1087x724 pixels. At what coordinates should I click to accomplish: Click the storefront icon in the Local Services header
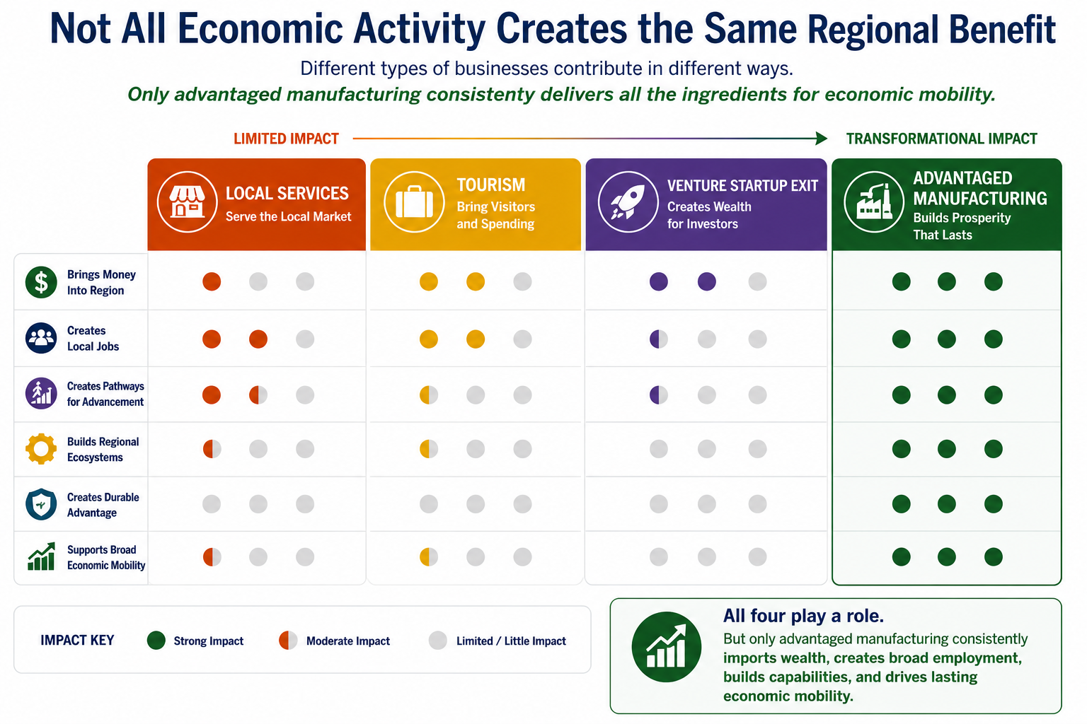pos(187,202)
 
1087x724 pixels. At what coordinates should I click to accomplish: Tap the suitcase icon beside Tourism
pos(414,202)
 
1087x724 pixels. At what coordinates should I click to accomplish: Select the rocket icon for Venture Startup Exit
pos(628,202)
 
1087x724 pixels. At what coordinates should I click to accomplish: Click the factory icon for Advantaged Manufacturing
pos(874,202)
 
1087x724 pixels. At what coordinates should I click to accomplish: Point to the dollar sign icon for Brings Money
pos(41,282)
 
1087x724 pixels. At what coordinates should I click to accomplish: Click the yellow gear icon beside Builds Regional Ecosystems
pos(41,448)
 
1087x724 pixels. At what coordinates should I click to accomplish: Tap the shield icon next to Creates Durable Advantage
pos(41,504)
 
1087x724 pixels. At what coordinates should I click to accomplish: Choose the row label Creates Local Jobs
pos(93,339)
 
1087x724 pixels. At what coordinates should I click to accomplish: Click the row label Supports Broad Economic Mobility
pos(105,557)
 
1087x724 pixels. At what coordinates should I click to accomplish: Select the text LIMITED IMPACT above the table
pos(286,139)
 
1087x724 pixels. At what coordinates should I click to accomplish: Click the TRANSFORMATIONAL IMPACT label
pos(941,139)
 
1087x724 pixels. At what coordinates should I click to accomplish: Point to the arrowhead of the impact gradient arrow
pos(822,138)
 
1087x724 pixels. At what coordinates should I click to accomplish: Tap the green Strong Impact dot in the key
pos(156,641)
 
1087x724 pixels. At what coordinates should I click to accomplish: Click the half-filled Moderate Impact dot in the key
pos(288,641)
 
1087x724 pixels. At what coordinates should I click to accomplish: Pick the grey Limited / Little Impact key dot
pos(438,641)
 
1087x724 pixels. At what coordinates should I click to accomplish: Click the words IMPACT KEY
pos(77,641)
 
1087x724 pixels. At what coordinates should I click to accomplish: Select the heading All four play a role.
pos(803,616)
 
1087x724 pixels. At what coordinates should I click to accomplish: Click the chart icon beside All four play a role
pos(666,647)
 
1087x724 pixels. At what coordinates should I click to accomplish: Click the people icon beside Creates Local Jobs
pos(41,338)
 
